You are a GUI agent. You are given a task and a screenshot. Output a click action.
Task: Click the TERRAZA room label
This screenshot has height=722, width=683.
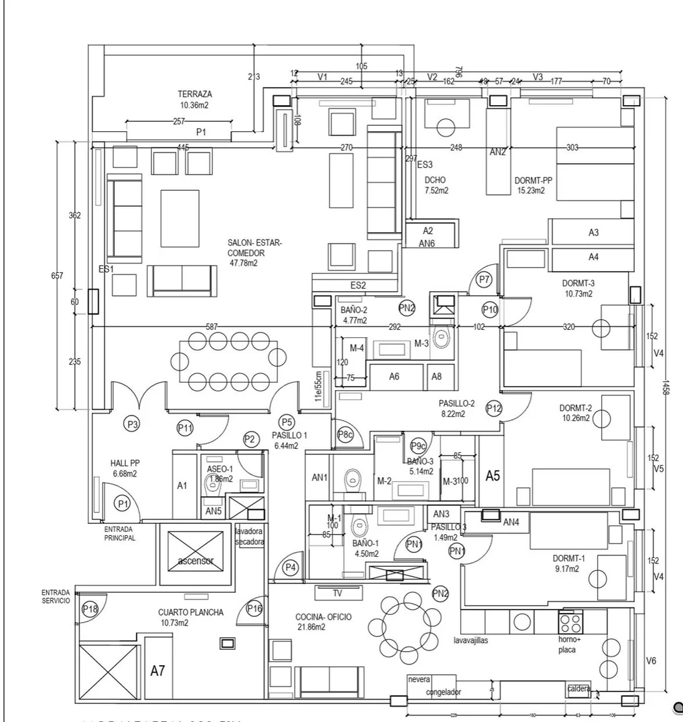click(x=195, y=94)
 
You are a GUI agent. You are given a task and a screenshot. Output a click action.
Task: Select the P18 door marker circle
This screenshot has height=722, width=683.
click(x=90, y=609)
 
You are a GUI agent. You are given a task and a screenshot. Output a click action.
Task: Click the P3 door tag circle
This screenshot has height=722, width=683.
click(x=133, y=424)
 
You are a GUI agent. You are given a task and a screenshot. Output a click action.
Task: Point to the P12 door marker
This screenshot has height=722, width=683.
click(x=494, y=408)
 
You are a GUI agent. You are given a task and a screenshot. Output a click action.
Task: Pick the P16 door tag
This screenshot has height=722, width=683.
click(x=254, y=608)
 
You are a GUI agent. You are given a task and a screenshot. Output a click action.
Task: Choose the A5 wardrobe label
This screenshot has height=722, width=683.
click(x=493, y=476)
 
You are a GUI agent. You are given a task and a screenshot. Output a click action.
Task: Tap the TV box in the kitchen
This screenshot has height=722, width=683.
click(x=337, y=592)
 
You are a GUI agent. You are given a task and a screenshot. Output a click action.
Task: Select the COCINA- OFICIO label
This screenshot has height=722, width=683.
click(x=323, y=617)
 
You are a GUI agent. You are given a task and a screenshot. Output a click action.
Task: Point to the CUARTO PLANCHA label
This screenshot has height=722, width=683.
click(x=191, y=612)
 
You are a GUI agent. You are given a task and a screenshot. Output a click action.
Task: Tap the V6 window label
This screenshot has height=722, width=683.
click(x=651, y=661)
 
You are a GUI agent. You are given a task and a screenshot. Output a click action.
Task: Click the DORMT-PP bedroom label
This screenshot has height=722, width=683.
click(x=534, y=181)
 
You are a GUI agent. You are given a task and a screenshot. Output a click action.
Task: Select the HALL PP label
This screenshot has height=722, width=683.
click(x=125, y=463)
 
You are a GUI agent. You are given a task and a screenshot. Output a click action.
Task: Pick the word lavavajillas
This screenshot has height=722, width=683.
click(x=471, y=640)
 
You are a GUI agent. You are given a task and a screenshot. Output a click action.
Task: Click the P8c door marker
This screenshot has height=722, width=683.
click(x=345, y=434)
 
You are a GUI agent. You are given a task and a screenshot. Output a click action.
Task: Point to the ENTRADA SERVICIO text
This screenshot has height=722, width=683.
click(x=56, y=597)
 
